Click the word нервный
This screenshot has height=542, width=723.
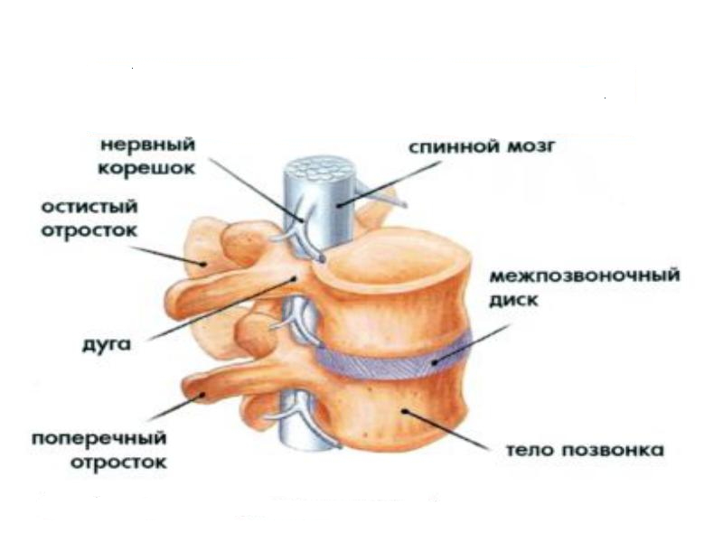pos(147,145)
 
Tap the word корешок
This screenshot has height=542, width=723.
pos(146,168)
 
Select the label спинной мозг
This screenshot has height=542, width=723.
pos(483,146)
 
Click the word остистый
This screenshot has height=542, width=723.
pos(89,207)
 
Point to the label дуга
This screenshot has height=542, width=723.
pos(106,345)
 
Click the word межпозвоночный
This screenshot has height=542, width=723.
pos(584,276)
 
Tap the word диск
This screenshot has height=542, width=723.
pos(513,301)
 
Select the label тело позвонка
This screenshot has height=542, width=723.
pos(586,450)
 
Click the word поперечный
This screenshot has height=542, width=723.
pos(99,438)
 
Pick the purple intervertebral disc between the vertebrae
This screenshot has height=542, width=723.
pos(392,362)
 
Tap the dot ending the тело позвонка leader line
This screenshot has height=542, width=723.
pos(404,410)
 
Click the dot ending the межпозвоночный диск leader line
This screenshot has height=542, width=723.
pos(434,362)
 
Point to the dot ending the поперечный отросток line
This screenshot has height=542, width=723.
pos(202,395)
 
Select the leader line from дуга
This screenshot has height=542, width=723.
pos(221,309)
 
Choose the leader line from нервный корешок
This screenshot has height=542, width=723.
pos(257,190)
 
